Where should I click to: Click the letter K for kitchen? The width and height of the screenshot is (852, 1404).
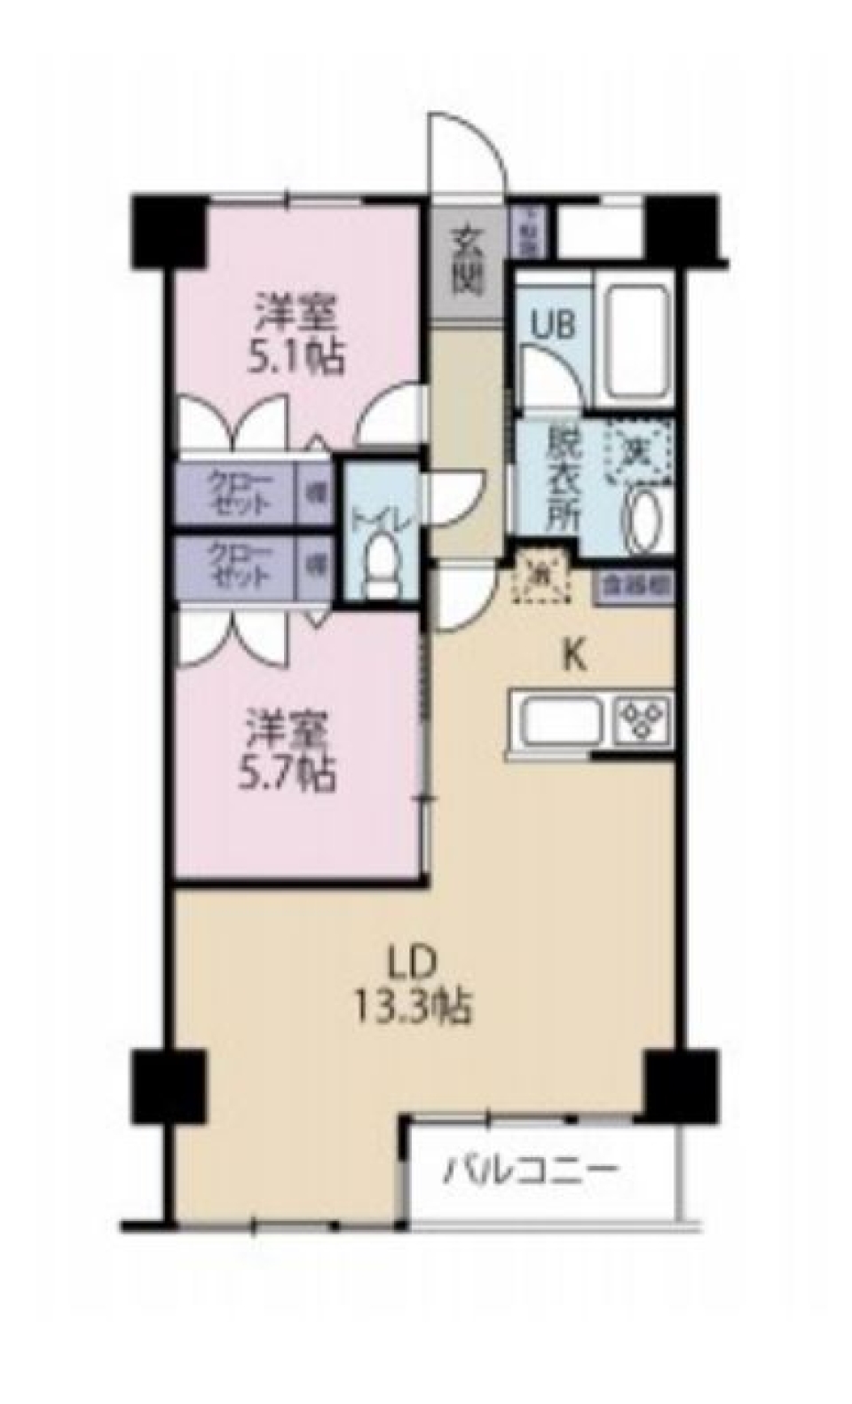tap(574, 658)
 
